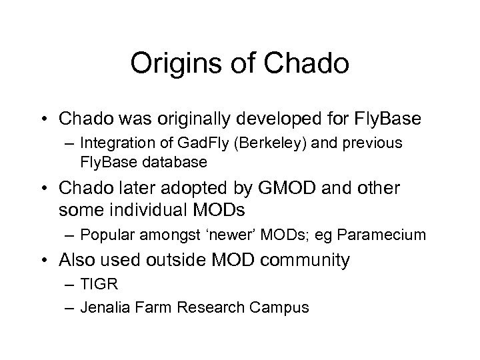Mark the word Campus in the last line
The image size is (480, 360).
click(x=285, y=307)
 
